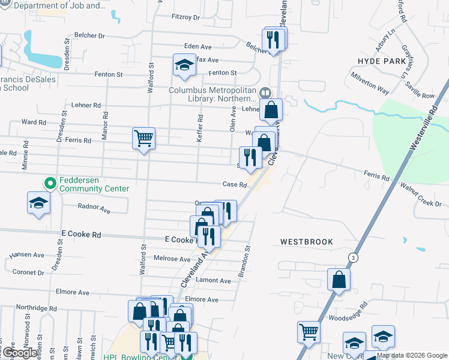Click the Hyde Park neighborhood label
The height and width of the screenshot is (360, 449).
point(382,61)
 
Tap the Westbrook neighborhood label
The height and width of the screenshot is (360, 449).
point(306,242)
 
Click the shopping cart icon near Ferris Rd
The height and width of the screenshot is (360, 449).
point(143,139)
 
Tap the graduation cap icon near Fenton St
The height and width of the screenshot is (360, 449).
point(184,65)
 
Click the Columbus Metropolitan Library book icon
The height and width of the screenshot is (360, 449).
point(266,92)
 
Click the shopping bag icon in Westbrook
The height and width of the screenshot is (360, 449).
point(339,279)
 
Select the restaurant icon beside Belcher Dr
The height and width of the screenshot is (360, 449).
point(273,40)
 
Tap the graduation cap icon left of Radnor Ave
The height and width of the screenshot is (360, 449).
point(38,202)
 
